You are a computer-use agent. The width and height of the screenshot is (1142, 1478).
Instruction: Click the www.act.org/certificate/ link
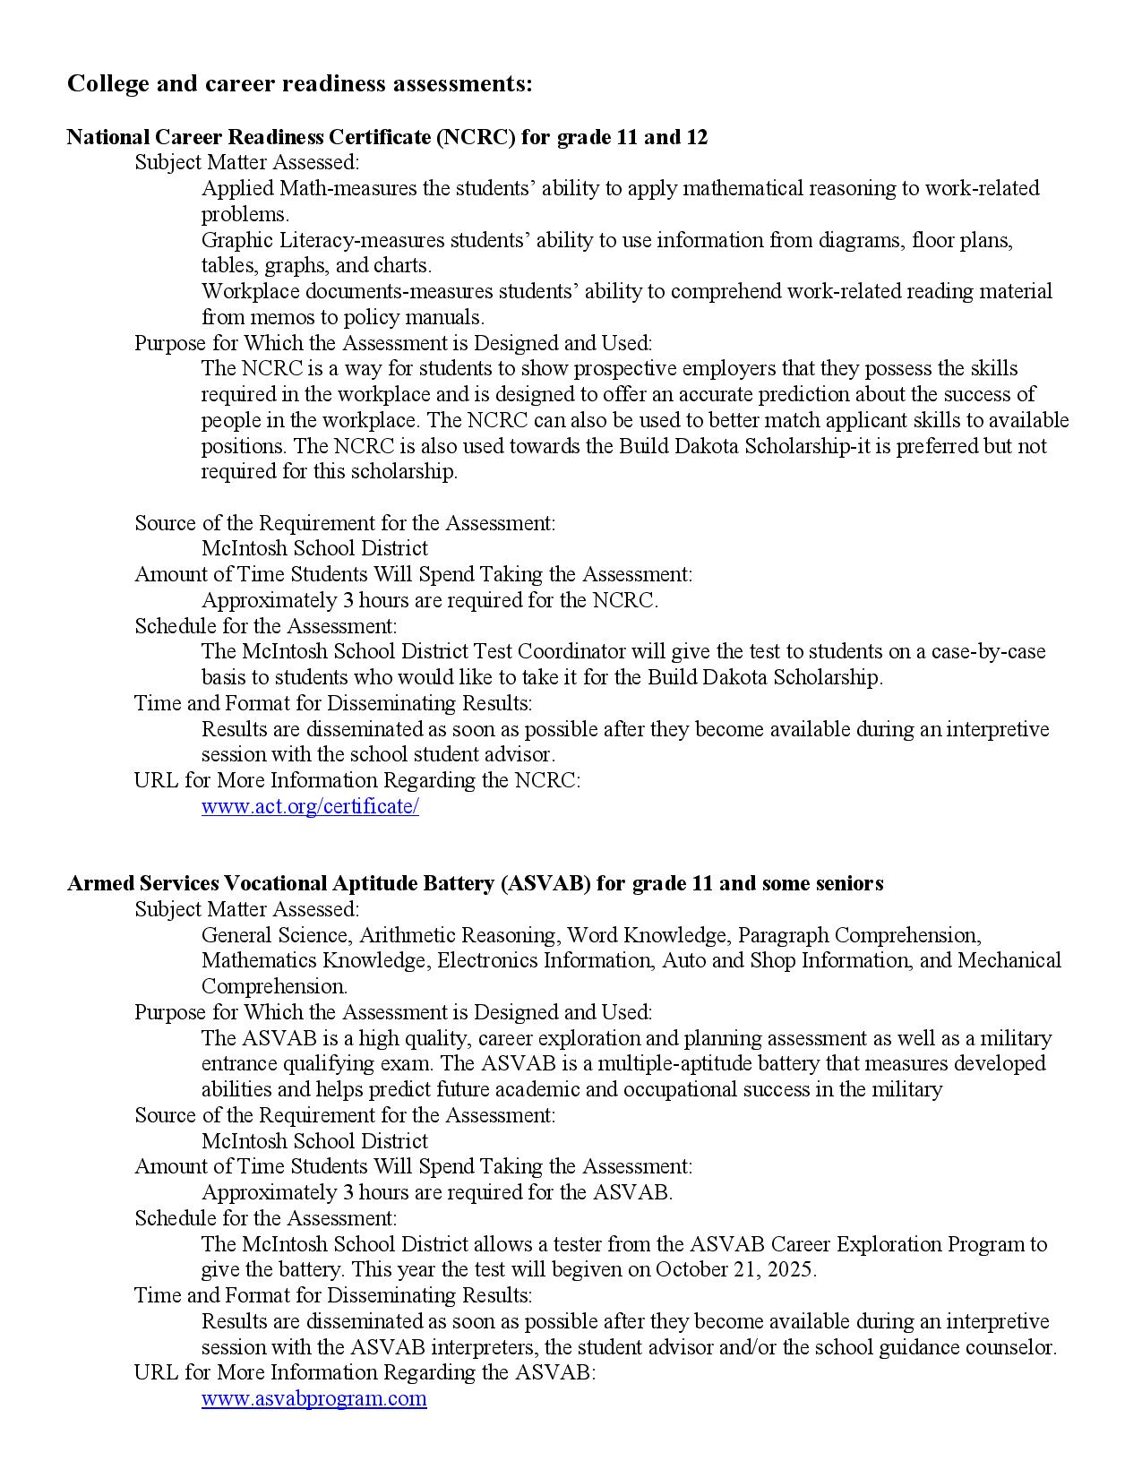click(310, 806)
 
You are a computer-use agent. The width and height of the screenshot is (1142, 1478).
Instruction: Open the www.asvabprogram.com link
click(313, 1398)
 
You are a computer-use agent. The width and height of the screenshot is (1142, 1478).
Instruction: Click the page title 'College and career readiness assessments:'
click(299, 83)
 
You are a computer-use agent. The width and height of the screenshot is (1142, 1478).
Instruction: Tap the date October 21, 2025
click(734, 1269)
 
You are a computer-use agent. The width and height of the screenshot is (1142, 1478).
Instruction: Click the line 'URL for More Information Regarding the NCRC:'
click(356, 780)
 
